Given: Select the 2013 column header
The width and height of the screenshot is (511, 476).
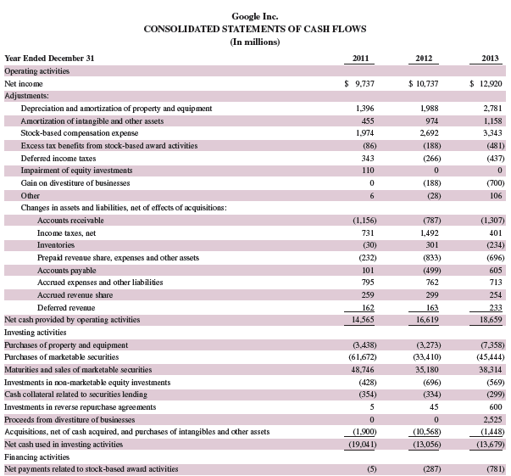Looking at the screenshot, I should pyautogui.click(x=490, y=59).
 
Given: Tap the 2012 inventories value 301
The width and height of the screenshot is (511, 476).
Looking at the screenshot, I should pyautogui.click(x=430, y=245).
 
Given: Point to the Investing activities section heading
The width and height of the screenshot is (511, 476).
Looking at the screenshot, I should pyautogui.click(x=31, y=333).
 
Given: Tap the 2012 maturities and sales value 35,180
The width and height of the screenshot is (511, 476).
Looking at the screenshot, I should pyautogui.click(x=426, y=370).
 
